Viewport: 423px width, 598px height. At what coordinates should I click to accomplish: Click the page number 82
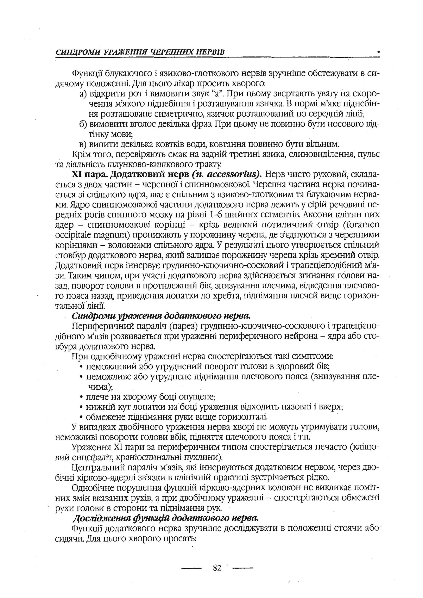[217, 567]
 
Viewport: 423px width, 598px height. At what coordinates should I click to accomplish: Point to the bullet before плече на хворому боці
[82, 397]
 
